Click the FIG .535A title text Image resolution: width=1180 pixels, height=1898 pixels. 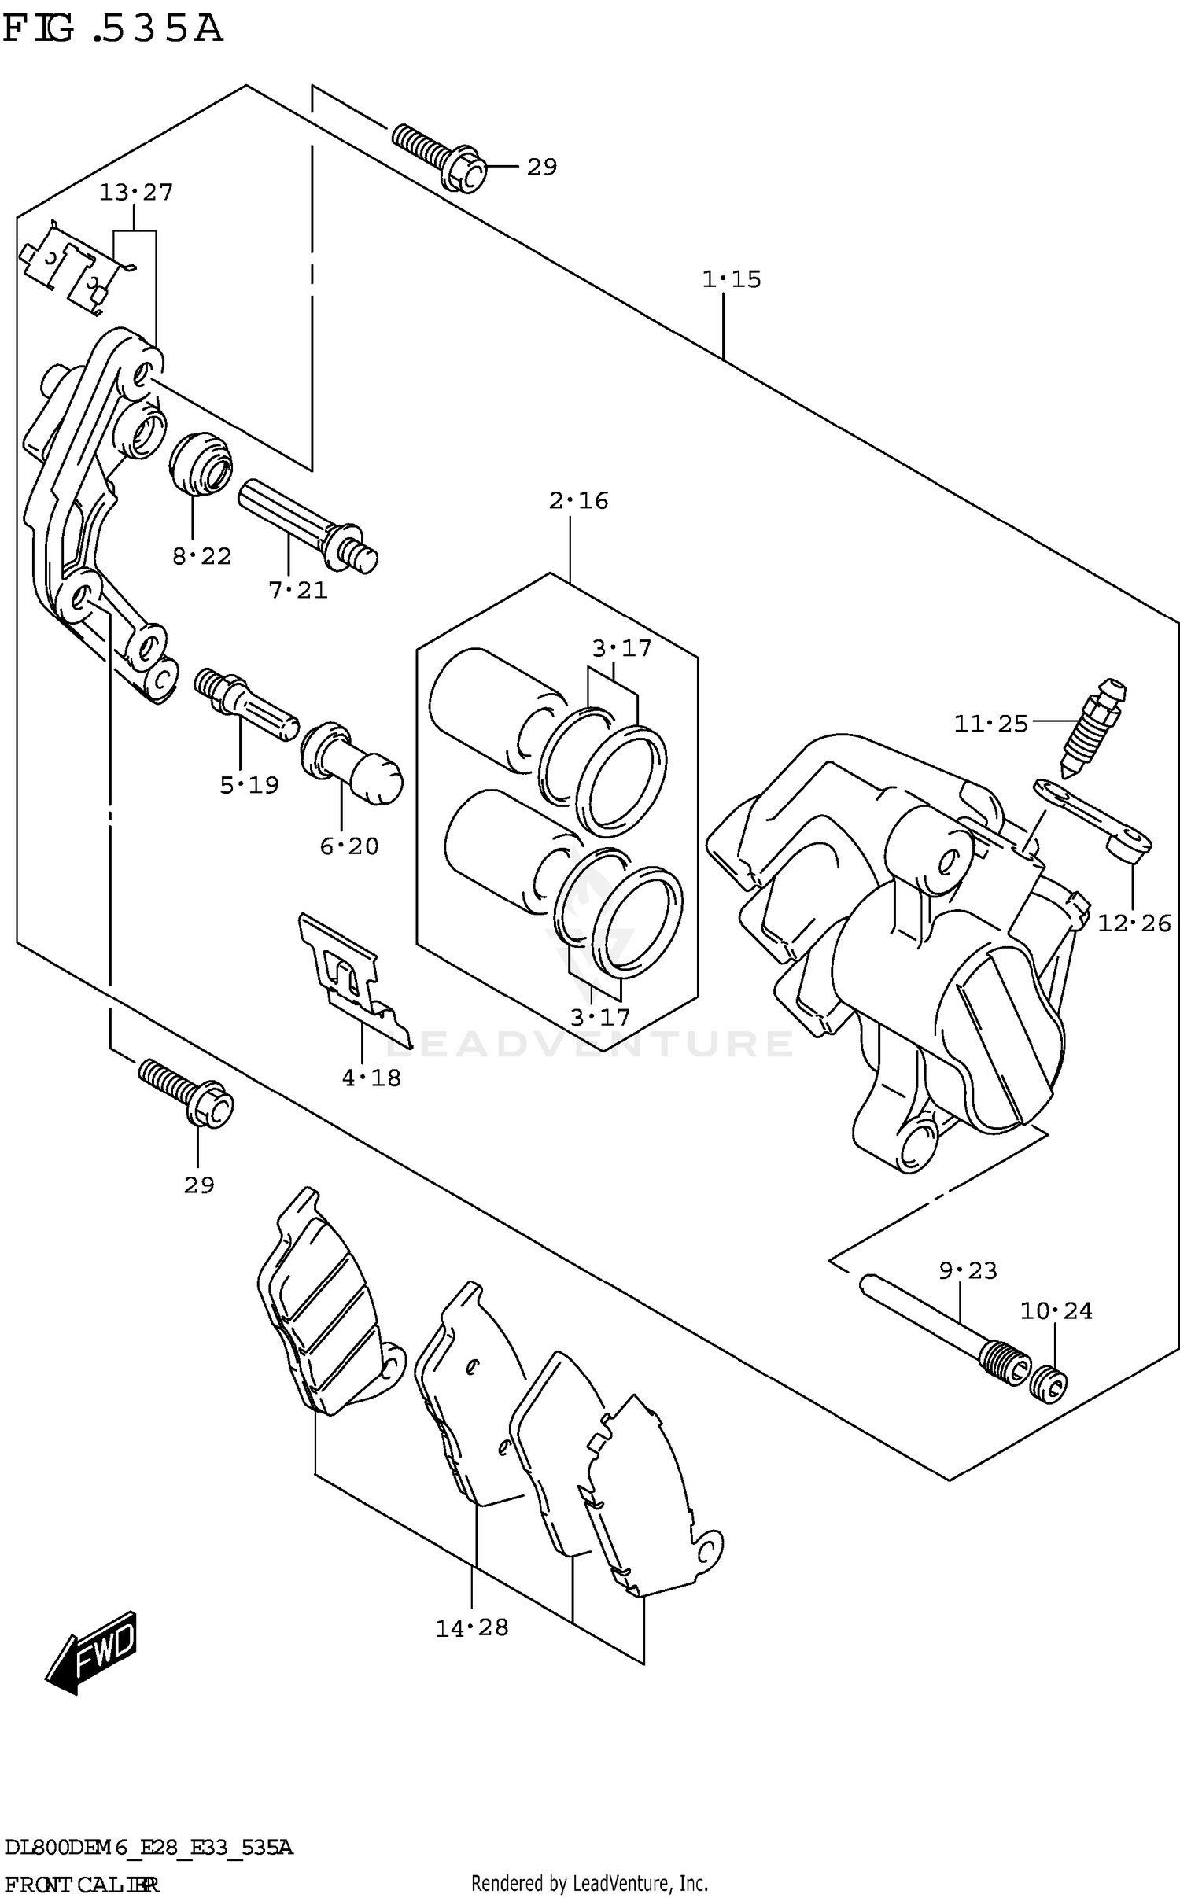point(112,29)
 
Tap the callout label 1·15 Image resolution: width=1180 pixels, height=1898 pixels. point(732,279)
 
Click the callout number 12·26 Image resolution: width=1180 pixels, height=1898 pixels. point(1134,923)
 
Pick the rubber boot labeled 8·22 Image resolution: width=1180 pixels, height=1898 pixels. point(201,464)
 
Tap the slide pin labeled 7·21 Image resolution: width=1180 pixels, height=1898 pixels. point(307,524)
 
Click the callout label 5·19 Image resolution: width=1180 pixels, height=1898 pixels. point(249,785)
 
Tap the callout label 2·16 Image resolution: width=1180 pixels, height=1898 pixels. point(579,501)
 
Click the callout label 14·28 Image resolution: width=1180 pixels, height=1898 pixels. point(472,1627)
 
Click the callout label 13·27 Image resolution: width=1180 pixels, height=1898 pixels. point(136,193)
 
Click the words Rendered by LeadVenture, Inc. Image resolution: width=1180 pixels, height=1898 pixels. point(589,1882)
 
